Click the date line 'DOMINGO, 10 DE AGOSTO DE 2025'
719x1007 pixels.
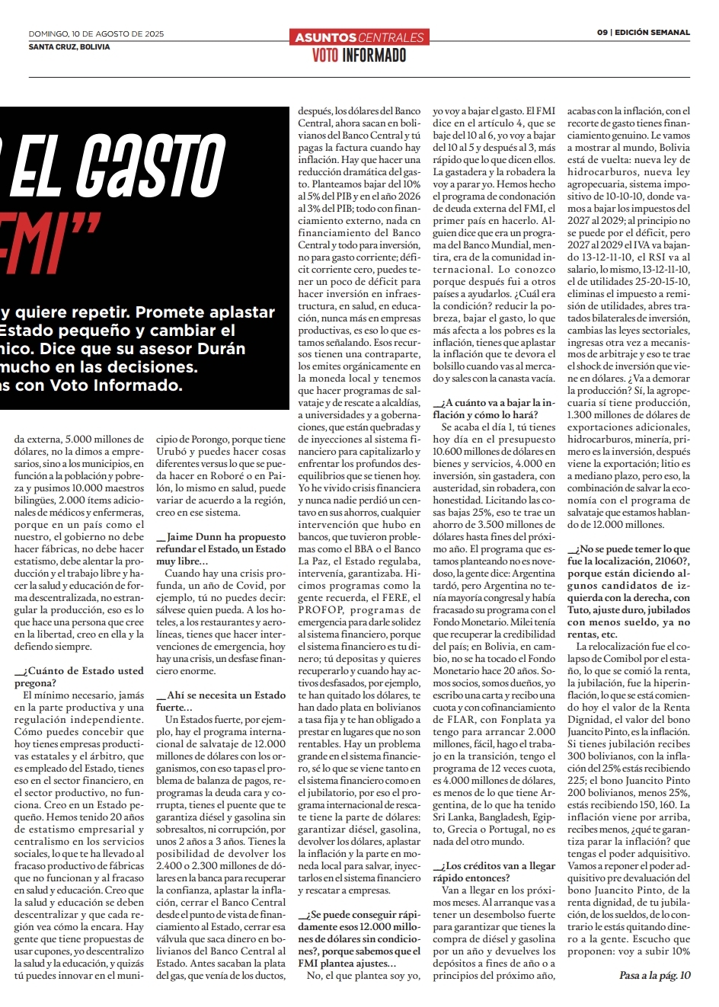point(96,34)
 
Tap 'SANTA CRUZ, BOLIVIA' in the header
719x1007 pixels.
point(69,46)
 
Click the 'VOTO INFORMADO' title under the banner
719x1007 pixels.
point(359,55)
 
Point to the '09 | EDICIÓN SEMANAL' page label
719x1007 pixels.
point(644,33)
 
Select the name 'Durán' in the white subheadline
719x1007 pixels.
point(221,349)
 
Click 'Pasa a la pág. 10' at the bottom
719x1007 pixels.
point(654,975)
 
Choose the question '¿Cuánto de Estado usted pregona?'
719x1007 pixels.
point(78,676)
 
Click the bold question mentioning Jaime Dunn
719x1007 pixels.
point(221,542)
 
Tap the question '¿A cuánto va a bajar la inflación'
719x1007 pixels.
point(494,408)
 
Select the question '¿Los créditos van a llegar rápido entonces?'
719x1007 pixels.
point(494,871)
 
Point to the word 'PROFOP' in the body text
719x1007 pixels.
point(320,610)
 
